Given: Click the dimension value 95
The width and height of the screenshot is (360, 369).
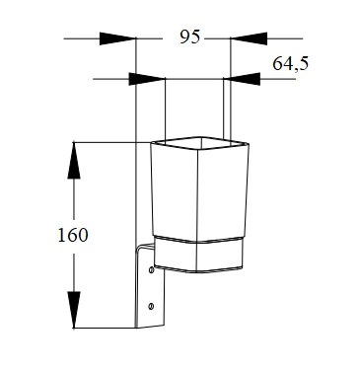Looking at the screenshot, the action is tap(189, 37).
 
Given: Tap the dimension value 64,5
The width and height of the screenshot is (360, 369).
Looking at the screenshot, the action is tap(291, 63).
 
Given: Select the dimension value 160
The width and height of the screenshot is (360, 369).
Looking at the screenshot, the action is tap(73, 235).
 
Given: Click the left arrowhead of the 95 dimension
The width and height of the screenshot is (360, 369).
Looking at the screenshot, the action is tap(117, 38).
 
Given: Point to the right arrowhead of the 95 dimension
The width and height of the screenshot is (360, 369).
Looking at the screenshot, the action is tap(249, 38).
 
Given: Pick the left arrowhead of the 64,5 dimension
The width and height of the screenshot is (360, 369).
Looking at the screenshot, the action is tap(147, 79).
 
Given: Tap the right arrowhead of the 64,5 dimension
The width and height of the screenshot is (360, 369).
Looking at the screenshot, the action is tap(242, 79).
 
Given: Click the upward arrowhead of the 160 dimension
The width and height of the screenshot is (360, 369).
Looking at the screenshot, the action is tap(74, 160).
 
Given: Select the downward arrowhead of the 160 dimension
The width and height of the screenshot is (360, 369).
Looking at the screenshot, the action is tap(74, 310).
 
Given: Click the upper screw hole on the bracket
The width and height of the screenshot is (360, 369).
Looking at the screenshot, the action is tap(151, 270).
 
